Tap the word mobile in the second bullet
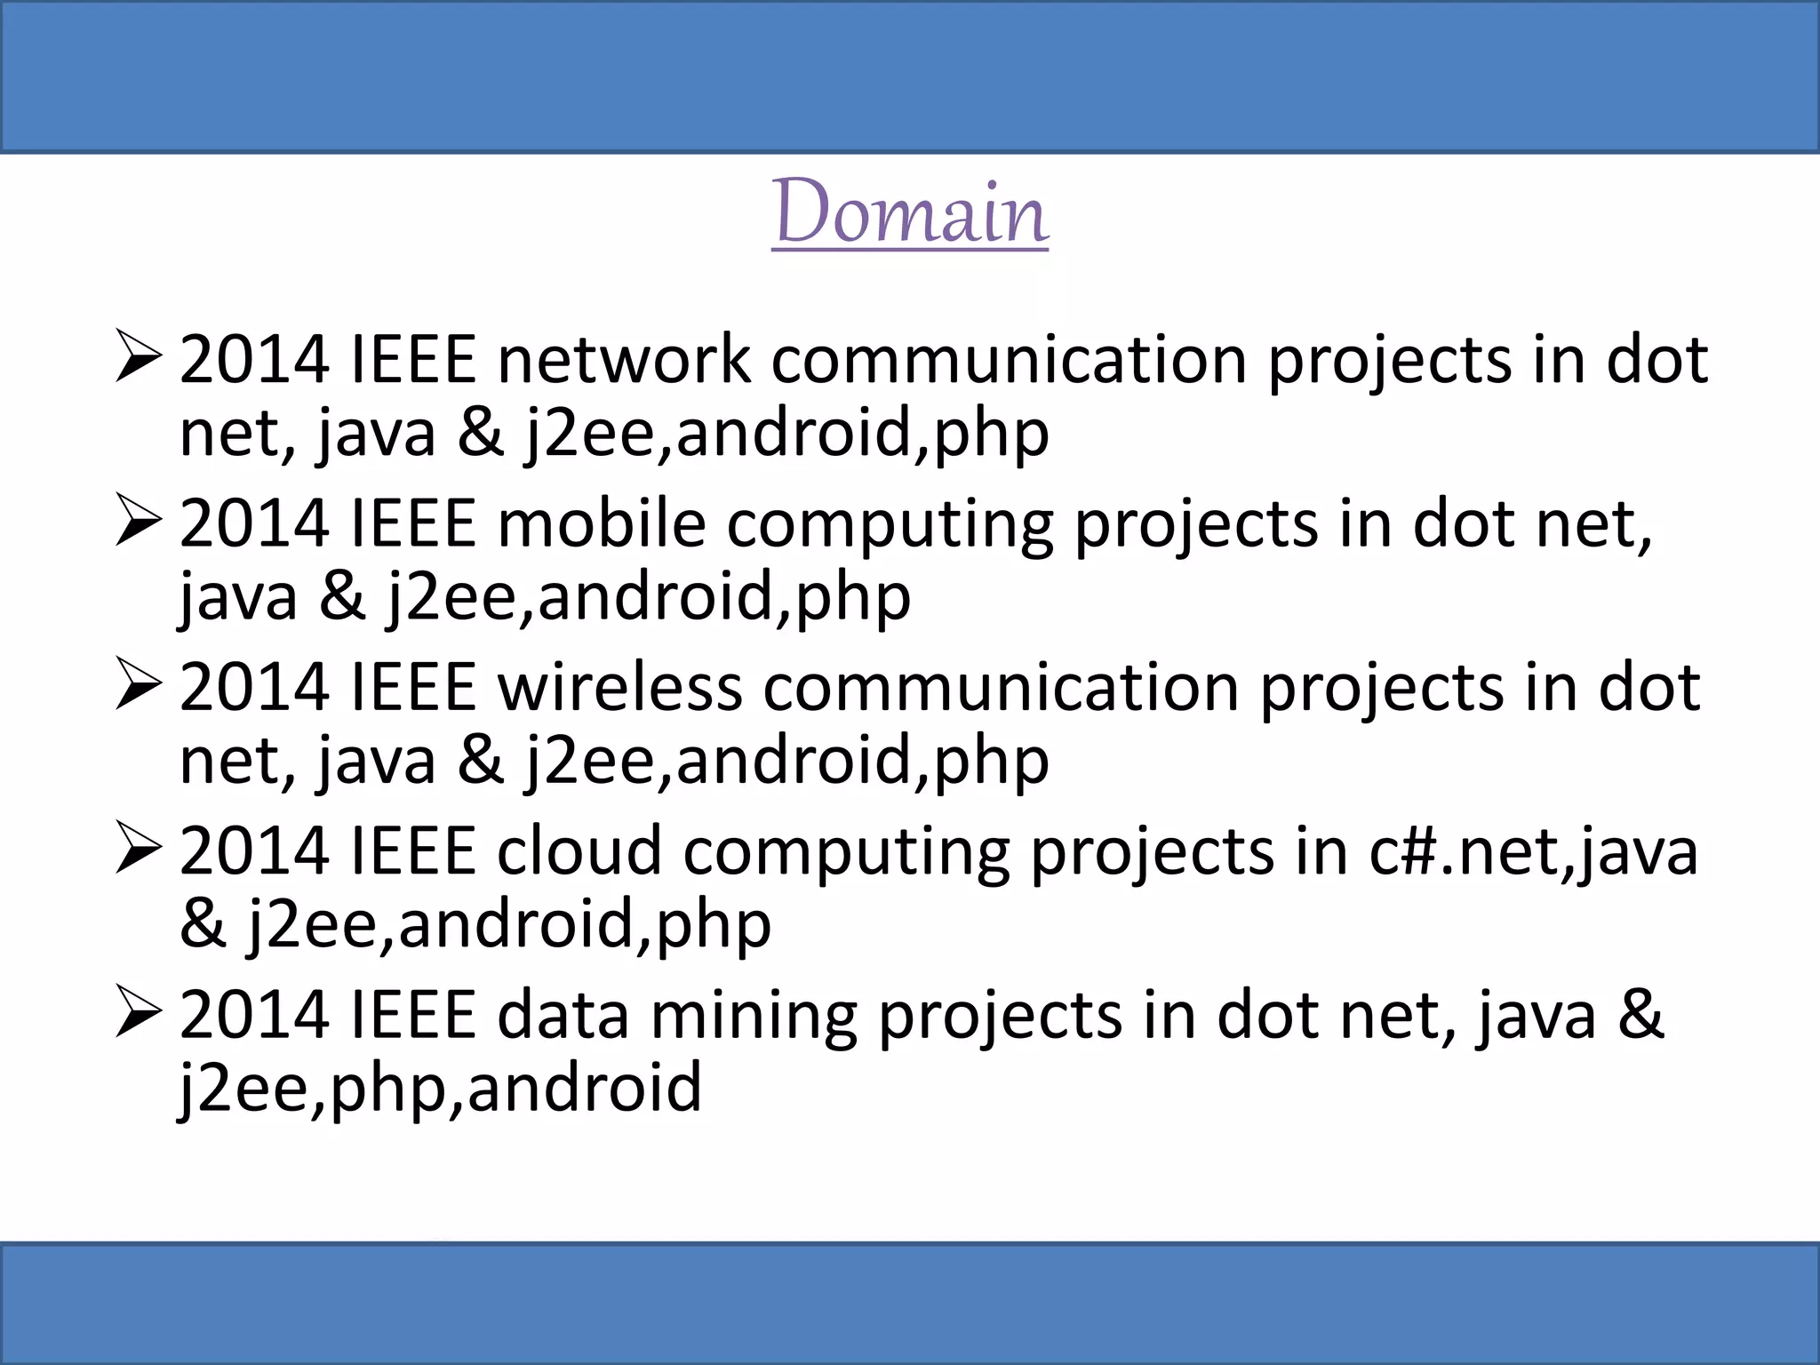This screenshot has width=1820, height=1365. [x=602, y=523]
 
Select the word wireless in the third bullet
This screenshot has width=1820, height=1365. [x=619, y=688]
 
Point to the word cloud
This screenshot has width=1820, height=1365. [x=579, y=851]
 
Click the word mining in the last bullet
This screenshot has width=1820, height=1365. [x=754, y=1015]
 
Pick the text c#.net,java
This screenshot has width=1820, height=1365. [x=1533, y=851]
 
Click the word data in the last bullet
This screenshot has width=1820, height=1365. [x=563, y=1015]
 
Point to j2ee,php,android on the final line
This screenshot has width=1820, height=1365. [x=441, y=1088]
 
